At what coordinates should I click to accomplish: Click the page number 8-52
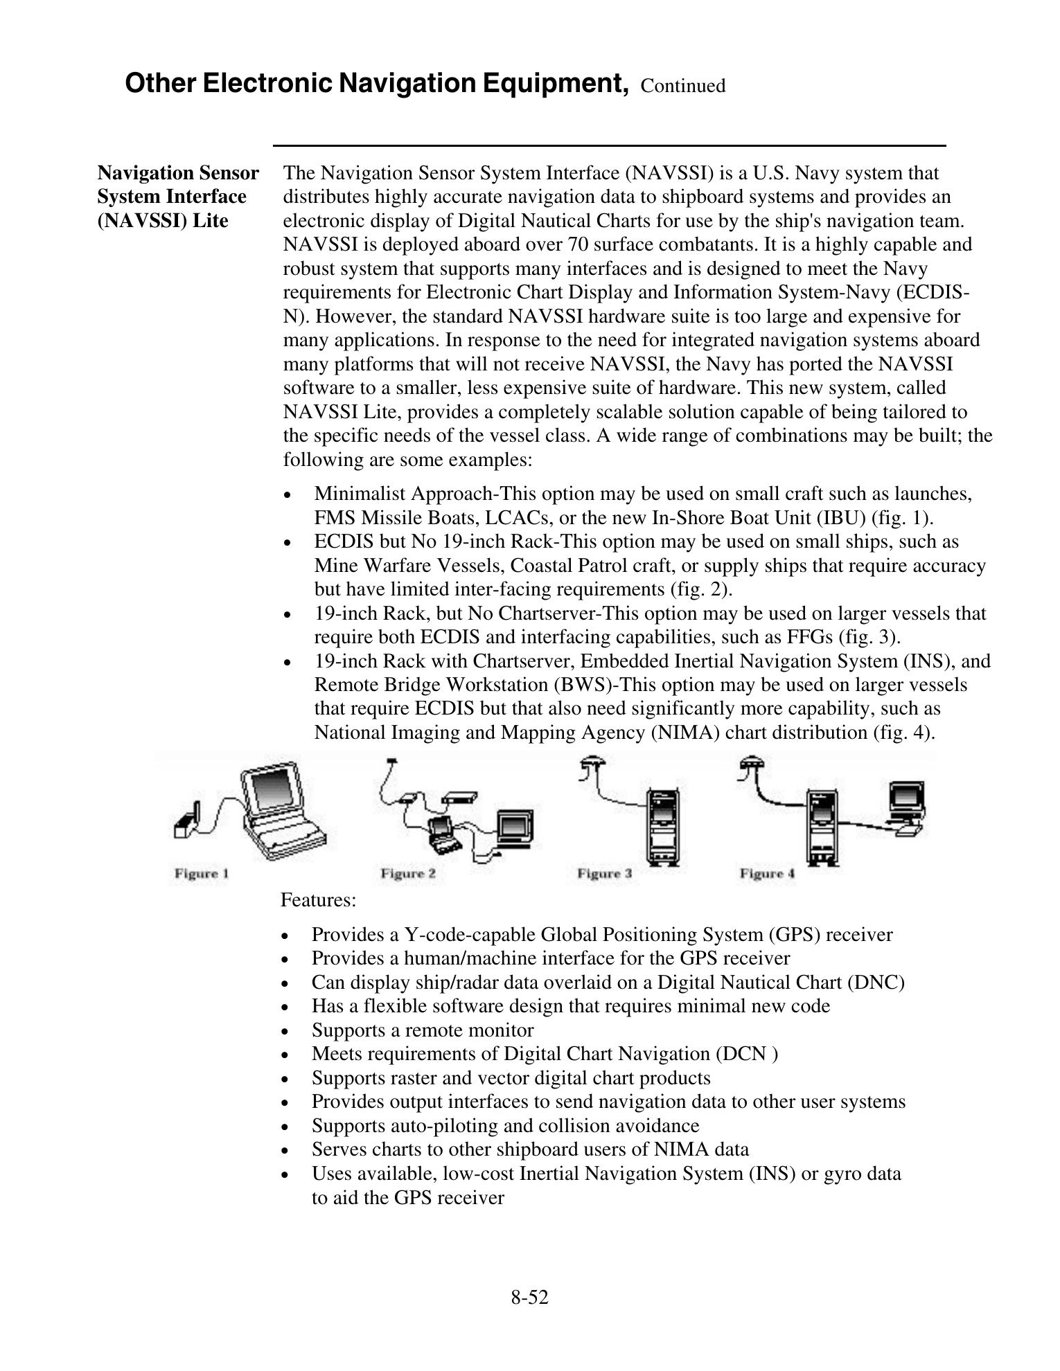click(x=529, y=1298)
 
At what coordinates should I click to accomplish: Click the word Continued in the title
click(x=683, y=86)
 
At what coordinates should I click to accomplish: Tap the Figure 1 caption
click(x=202, y=873)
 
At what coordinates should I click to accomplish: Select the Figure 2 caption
click(x=408, y=873)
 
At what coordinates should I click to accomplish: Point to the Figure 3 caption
click(x=604, y=873)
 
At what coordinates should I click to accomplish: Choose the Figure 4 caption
click(x=767, y=873)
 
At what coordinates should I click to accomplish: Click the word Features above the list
click(x=318, y=900)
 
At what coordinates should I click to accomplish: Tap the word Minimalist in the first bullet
click(x=358, y=494)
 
